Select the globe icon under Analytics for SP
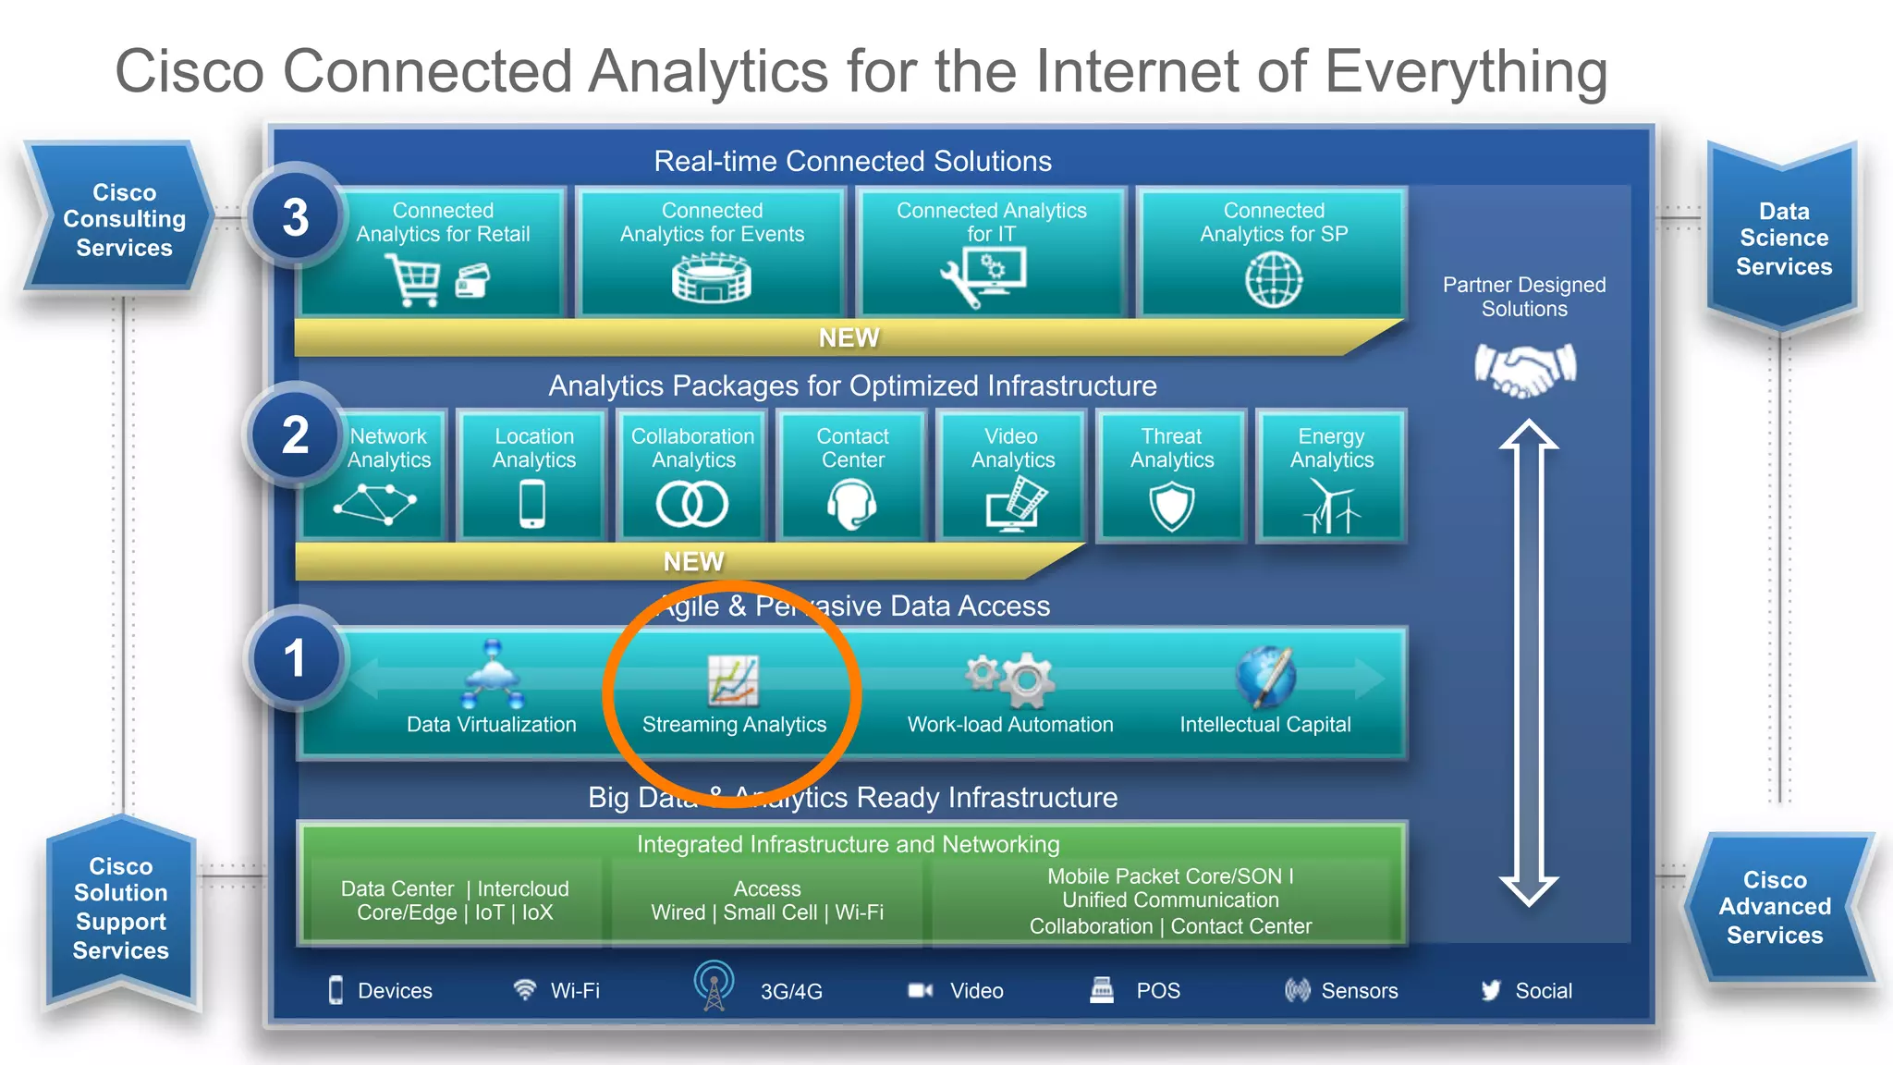click(1273, 279)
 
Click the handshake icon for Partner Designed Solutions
click(1524, 369)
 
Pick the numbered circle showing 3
click(296, 217)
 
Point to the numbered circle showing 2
click(296, 435)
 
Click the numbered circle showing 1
click(296, 658)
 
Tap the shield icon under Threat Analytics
click(1171, 508)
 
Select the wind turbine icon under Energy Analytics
click(1332, 508)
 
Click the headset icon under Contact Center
click(851, 506)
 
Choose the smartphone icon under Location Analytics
click(532, 506)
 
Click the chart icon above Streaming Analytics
click(733, 680)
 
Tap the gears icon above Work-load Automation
click(1010, 679)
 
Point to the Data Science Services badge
click(1783, 239)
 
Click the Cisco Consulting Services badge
click(123, 220)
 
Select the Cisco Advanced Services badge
click(1775, 907)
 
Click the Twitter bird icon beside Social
click(1490, 990)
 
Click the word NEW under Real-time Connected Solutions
click(849, 337)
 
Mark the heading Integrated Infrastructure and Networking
click(848, 844)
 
